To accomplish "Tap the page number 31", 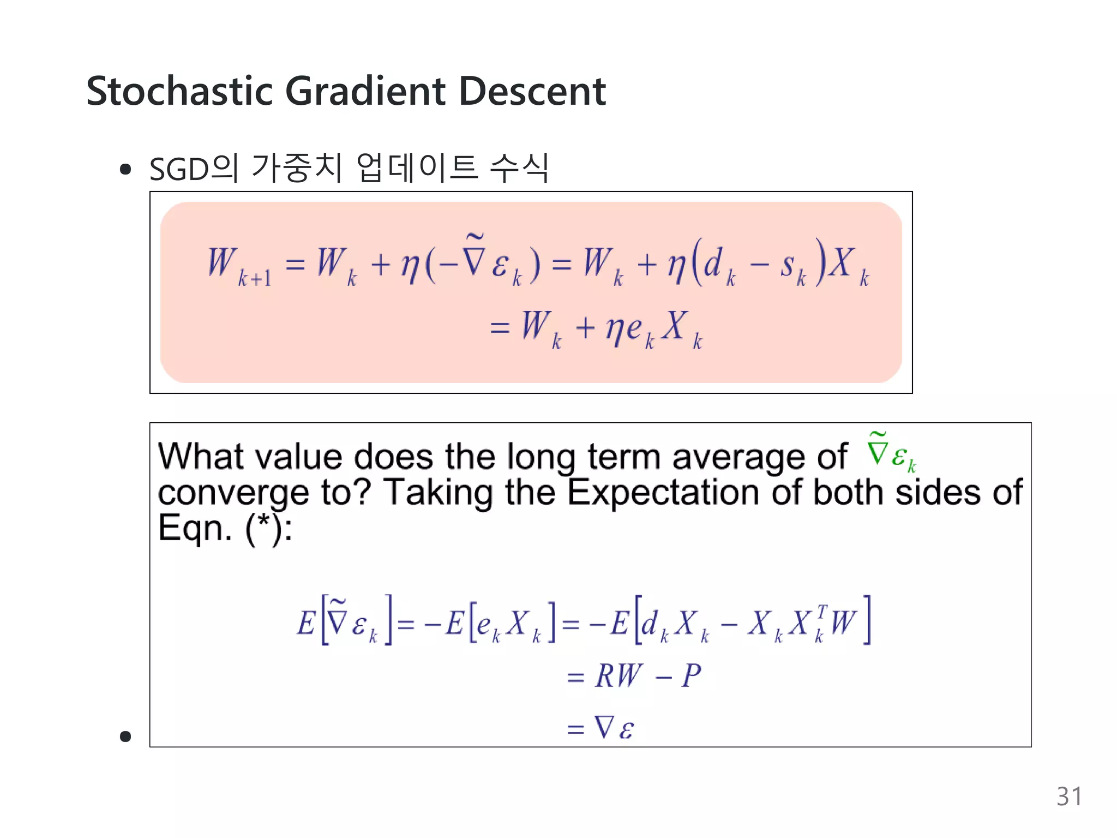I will [1069, 797].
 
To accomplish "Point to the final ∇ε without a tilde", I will [614, 728].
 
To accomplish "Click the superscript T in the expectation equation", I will [822, 611].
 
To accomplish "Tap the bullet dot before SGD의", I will [125, 170].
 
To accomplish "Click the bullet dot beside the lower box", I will [125, 737].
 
